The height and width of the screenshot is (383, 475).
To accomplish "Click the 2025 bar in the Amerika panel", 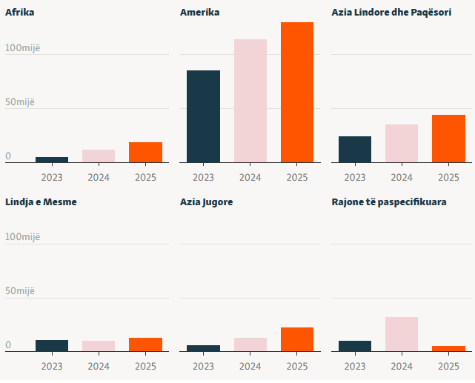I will tap(297, 93).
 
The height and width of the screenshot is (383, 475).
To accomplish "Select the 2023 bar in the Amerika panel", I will tap(203, 116).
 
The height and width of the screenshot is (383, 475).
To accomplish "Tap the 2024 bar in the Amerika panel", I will tap(250, 101).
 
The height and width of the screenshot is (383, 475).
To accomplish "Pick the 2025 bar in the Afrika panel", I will tap(145, 152).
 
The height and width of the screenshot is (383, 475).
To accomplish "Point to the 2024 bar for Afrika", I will tap(99, 156).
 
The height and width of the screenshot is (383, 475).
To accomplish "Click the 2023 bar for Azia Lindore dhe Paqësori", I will tap(355, 149).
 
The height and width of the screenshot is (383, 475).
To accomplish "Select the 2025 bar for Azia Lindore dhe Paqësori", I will tap(448, 139).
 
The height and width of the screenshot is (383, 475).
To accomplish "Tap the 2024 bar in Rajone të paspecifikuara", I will tap(402, 334).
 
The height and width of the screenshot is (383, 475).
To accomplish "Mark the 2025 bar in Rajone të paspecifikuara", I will tap(448, 348).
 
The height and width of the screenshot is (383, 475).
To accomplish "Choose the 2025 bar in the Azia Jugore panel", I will tap(297, 339).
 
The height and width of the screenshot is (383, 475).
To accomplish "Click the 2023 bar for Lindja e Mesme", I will tap(52, 345).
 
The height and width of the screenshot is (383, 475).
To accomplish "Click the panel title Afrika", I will tap(20, 13).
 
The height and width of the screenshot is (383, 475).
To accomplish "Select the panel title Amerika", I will tap(200, 13).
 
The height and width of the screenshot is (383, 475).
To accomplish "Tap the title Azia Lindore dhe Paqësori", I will tap(391, 13).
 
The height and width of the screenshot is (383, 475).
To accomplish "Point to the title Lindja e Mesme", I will tap(41, 202).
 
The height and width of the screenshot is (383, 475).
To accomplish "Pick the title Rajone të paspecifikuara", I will tap(389, 202).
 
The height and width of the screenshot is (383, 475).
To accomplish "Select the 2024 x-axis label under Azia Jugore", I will tap(250, 367).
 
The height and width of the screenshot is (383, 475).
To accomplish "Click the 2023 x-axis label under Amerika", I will tap(203, 178).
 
